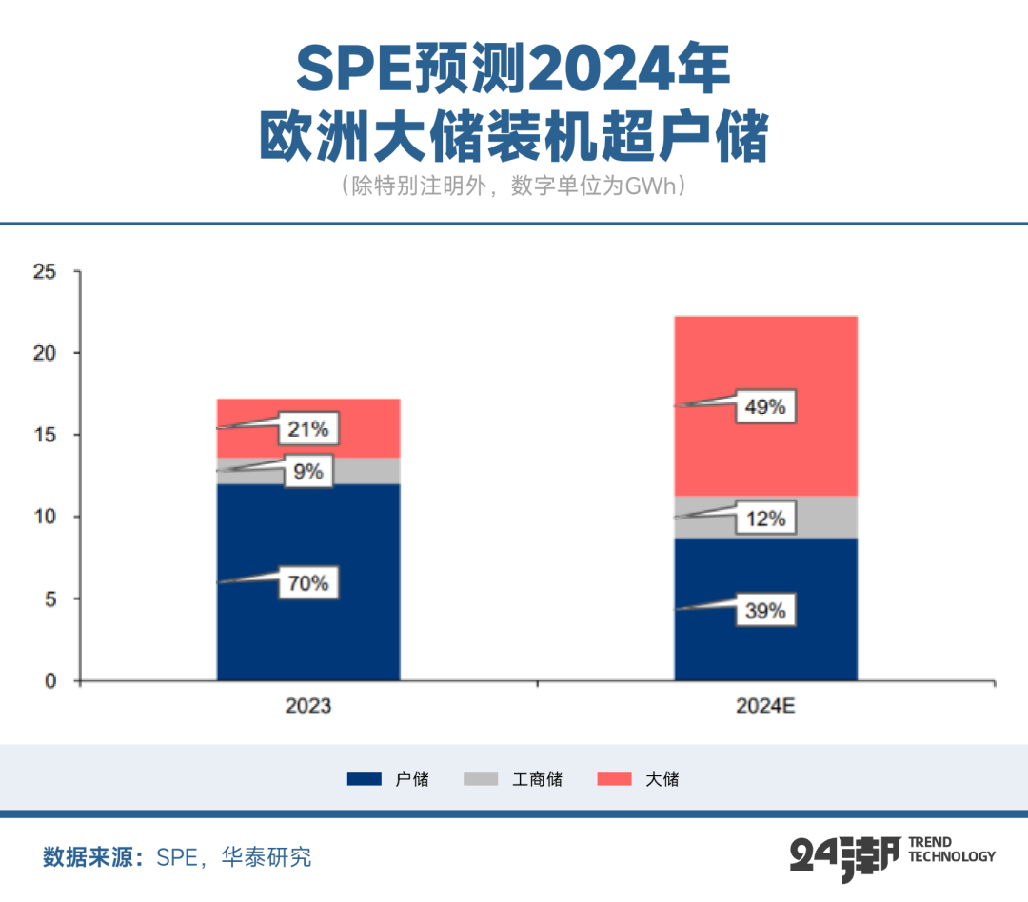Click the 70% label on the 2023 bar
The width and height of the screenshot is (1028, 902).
pos(308,583)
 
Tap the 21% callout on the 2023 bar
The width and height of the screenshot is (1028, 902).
pos(308,430)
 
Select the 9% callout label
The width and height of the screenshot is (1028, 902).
pos(308,471)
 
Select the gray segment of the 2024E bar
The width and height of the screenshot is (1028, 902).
pos(819,517)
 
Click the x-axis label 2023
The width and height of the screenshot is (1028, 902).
pos(308,706)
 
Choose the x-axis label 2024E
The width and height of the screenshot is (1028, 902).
pos(766,706)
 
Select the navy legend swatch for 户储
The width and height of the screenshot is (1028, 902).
pos(365,779)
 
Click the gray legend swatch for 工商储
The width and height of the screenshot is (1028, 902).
pos(482,779)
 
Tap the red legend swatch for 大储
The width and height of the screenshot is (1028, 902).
pos(614,779)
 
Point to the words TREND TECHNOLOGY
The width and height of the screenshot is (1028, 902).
pos(952,850)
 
